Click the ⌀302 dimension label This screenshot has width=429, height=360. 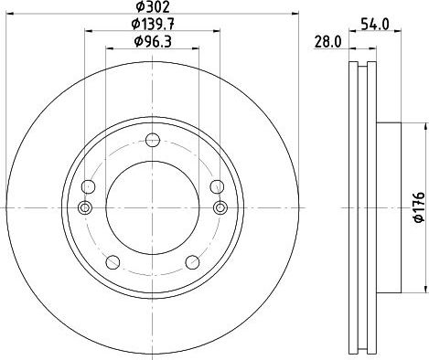153,6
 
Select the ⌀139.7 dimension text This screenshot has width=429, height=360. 153,24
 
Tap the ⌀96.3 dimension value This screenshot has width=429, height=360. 153,41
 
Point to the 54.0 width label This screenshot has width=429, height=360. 375,24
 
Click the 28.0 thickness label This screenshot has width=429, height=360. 328,42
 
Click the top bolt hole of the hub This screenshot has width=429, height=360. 153,140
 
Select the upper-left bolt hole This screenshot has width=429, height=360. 89,186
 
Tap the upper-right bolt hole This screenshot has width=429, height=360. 217,186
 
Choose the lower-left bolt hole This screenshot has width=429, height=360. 113,262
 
